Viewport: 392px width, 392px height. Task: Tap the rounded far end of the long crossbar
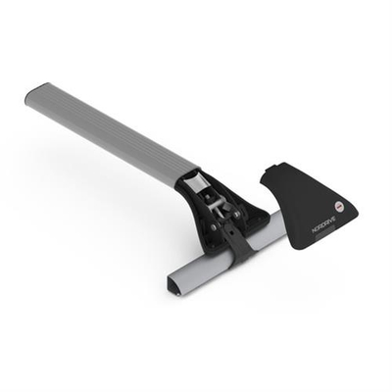[34, 97]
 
